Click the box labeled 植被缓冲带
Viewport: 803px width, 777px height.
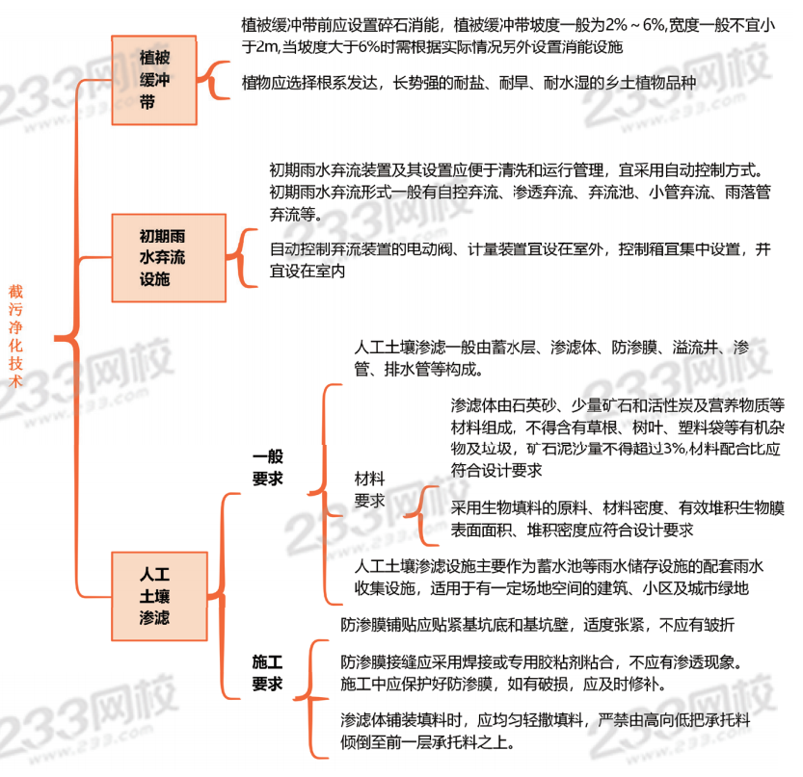(x=160, y=80)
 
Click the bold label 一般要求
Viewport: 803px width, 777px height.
(x=267, y=468)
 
